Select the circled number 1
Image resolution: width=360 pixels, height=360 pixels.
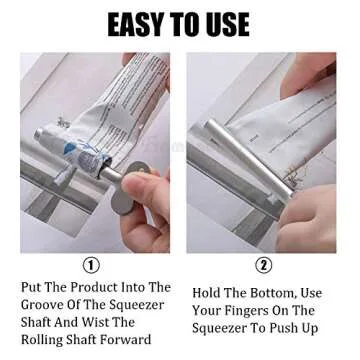click(x=92, y=265)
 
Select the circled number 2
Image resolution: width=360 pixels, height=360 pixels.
click(x=264, y=265)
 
